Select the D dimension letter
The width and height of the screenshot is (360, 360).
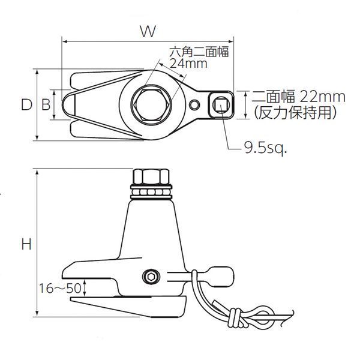click(26, 104)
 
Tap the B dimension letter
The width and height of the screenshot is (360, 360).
click(46, 104)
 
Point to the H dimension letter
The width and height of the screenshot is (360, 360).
click(26, 244)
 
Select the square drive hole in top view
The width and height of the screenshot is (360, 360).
click(220, 105)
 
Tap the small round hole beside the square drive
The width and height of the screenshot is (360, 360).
click(193, 106)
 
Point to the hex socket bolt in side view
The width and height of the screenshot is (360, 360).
click(150, 277)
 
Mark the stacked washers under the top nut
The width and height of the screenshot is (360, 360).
click(152, 191)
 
